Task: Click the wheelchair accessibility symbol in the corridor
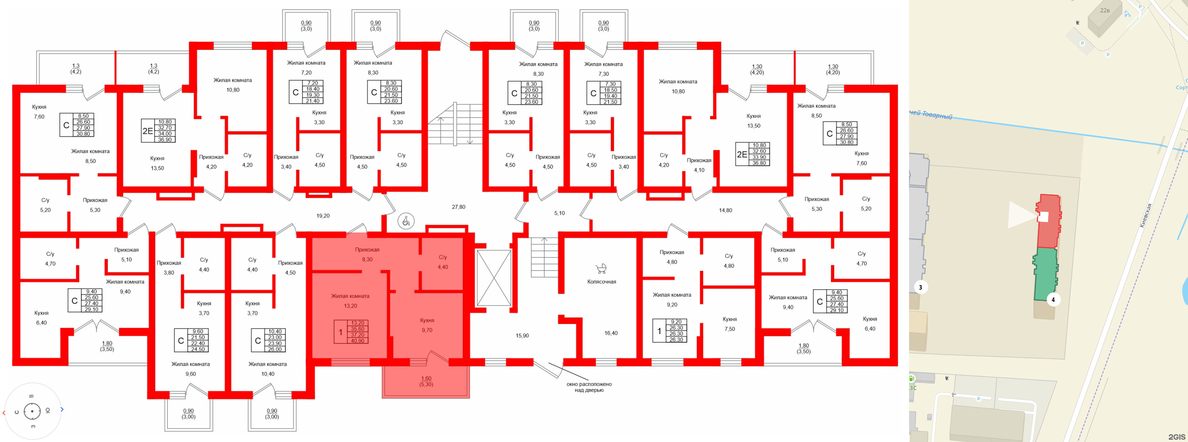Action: (406, 221)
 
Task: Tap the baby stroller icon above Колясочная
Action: (601, 269)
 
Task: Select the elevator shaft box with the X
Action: (493, 278)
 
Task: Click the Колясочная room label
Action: (601, 281)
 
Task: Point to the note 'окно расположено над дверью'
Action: (589, 387)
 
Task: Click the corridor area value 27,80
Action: (458, 207)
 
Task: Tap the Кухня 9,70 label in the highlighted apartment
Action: (427, 325)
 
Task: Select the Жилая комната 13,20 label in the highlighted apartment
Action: (350, 301)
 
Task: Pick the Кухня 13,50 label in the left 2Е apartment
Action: (157, 163)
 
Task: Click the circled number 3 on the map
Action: (920, 287)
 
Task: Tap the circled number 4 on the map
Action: (1053, 300)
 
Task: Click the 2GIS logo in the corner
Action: (1177, 437)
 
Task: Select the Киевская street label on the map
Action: (1145, 216)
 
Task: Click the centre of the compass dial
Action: (32, 411)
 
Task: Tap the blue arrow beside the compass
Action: (62, 409)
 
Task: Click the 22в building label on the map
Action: (1105, 10)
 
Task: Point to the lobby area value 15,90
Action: (522, 336)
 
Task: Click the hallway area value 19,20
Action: (323, 216)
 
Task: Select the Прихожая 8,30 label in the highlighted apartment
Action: (367, 255)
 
